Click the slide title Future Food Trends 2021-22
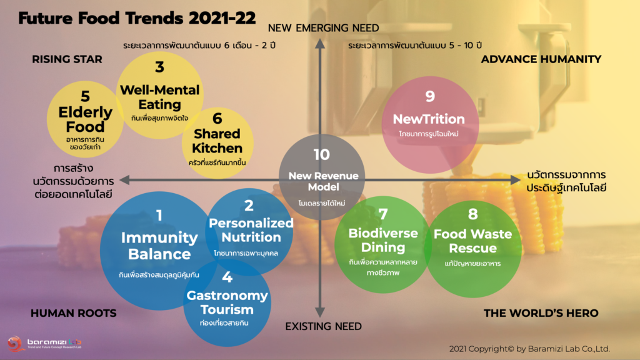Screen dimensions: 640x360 click(x=137, y=18)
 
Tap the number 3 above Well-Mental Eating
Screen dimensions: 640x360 click(x=159, y=67)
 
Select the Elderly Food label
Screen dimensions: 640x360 click(x=85, y=119)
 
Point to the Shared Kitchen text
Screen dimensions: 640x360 click(x=217, y=141)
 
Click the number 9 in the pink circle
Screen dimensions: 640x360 click(x=430, y=96)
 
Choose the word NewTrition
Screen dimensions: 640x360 click(x=429, y=119)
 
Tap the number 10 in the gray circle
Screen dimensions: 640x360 click(x=322, y=155)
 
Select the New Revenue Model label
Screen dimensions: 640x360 click(x=323, y=181)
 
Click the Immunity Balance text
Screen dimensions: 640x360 click(x=159, y=246)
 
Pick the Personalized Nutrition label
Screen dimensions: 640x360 click(x=251, y=230)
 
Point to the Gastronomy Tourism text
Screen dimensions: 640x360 click(x=227, y=302)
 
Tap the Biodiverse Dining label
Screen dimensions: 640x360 click(x=383, y=240)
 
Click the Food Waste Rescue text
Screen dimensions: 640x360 click(x=472, y=241)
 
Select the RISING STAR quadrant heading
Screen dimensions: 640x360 click(x=67, y=59)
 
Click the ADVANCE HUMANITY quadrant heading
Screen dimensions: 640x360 click(x=541, y=59)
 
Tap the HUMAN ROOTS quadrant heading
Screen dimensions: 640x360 click(x=74, y=313)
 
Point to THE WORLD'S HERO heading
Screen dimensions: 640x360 click(x=541, y=313)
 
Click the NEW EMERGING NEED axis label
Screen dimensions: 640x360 click(x=323, y=27)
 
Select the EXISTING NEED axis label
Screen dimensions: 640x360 click(x=323, y=326)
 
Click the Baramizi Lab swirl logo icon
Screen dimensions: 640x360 click(x=16, y=344)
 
